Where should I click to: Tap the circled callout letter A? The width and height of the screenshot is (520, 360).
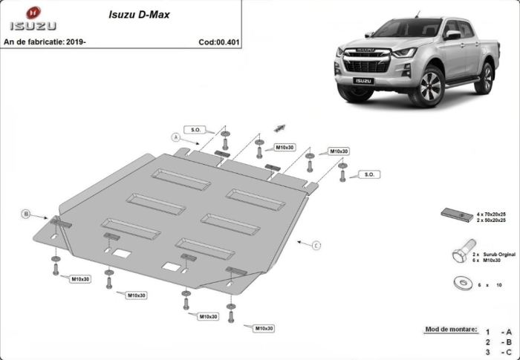(176, 137)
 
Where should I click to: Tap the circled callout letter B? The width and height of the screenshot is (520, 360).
(25, 214)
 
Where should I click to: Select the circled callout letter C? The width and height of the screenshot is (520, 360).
(316, 244)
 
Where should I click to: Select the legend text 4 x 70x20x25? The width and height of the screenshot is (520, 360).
(491, 213)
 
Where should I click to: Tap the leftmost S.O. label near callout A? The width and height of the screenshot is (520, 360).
(197, 131)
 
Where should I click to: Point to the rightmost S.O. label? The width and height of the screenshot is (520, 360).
(368, 174)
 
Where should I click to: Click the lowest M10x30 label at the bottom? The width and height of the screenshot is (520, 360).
(264, 328)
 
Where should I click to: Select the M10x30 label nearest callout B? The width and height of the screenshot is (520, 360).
(80, 279)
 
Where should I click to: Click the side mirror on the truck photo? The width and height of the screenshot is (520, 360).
(452, 34)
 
